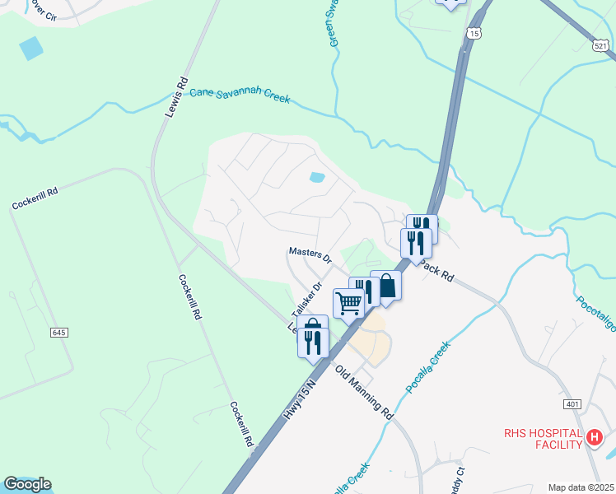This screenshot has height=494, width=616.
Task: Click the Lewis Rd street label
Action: point(176,97)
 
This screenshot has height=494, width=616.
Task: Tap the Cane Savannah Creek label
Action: point(240,95)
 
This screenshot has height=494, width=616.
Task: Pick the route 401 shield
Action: point(573,404)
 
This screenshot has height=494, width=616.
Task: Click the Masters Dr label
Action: point(310,255)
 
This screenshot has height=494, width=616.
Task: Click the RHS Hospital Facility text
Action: point(544,438)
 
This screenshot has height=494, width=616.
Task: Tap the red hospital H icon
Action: point(595,438)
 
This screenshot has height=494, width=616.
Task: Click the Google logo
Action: point(27,484)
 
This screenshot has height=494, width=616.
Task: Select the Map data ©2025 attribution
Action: point(581,487)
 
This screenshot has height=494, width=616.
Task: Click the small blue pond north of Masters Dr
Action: point(317,177)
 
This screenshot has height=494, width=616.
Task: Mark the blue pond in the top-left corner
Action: point(30,48)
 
